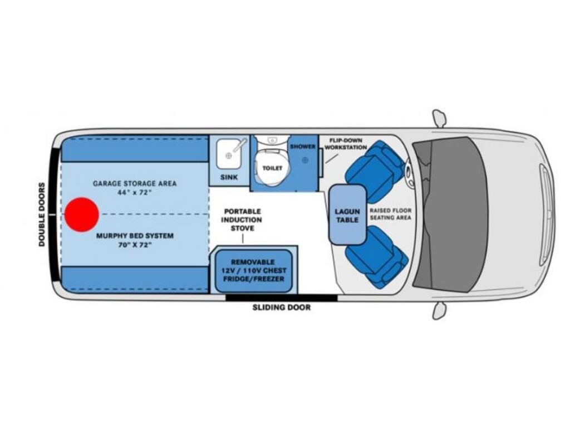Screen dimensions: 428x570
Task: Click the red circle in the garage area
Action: pyautogui.click(x=82, y=215)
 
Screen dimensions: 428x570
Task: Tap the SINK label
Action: pyautogui.click(x=228, y=177)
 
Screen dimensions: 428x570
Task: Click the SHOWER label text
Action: pyautogui.click(x=302, y=147)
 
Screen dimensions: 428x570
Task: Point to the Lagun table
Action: pyautogui.click(x=347, y=215)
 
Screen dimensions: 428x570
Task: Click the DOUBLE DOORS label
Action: pyautogui.click(x=42, y=215)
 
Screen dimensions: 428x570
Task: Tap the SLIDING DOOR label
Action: pyautogui.click(x=282, y=308)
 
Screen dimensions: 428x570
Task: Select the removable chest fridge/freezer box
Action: pyautogui.click(x=253, y=271)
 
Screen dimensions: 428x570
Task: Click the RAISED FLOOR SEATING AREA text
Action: pyautogui.click(x=390, y=214)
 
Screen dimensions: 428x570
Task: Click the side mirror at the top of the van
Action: pyautogui.click(x=440, y=118)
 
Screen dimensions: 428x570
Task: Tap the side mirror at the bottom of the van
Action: pyautogui.click(x=439, y=311)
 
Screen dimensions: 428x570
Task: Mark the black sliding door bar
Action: pyautogui.click(x=281, y=298)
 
